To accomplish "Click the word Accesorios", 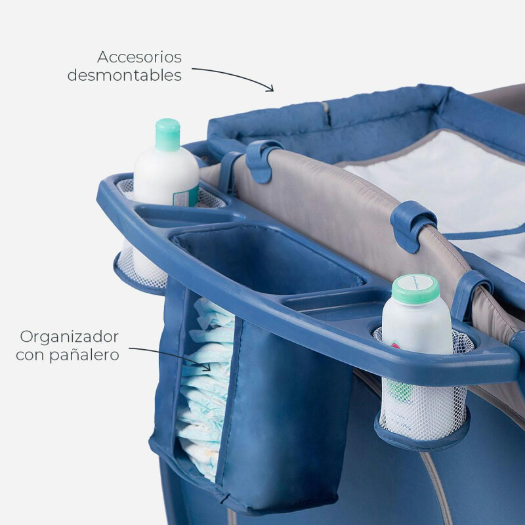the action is tap(139, 57).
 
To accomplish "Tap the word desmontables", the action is tap(125, 75).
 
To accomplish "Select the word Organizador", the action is tap(70, 337).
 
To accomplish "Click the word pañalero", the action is tap(85, 355).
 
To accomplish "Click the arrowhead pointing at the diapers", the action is tap(207, 367).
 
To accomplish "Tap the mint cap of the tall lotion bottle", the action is tap(167, 135).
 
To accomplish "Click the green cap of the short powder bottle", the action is tap(415, 288).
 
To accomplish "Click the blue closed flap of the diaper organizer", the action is tap(285, 412).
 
